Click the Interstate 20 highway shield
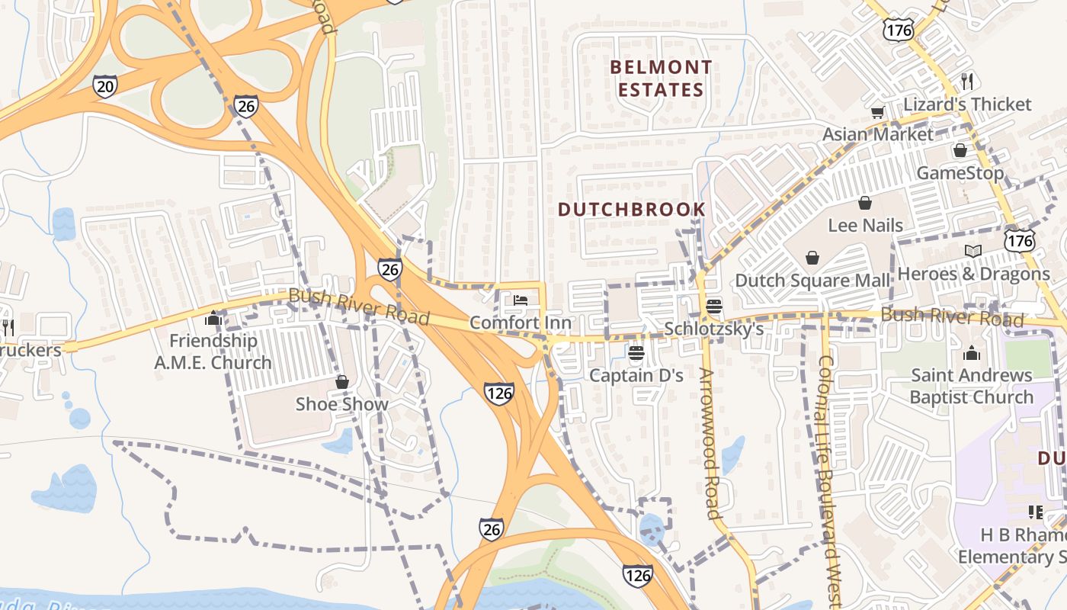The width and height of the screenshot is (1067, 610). point(105,86)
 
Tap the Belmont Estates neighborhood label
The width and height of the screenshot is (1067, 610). point(661,79)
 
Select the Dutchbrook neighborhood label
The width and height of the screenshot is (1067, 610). point(632,209)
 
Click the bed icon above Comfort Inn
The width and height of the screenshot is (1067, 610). point(521,300)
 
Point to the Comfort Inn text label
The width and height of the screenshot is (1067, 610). point(520,323)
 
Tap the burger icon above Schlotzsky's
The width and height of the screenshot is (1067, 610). point(714,307)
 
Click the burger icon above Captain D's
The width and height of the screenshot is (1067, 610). point(636,353)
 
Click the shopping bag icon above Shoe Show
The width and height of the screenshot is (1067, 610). point(342,382)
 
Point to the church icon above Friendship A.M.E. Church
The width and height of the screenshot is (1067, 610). point(213,318)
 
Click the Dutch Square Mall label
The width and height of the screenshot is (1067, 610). point(812,281)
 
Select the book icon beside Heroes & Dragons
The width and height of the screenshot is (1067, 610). point(972,251)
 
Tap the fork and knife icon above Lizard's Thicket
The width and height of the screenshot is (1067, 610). point(967,81)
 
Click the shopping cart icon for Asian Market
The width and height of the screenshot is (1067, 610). point(877,113)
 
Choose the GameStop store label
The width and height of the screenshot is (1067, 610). point(960,173)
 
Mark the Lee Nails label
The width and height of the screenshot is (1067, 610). point(865,226)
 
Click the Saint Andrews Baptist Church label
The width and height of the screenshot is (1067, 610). point(971,386)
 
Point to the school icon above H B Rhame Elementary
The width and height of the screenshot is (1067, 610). point(1035,512)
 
